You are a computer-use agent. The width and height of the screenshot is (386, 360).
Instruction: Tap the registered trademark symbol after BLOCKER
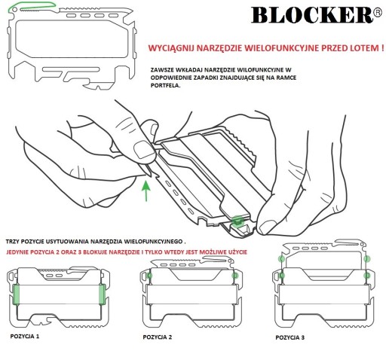378,12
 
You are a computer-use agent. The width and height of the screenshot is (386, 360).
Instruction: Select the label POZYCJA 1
25,336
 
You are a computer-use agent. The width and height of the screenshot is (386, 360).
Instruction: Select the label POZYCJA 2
158,337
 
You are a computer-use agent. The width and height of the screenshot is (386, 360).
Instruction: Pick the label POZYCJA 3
289,337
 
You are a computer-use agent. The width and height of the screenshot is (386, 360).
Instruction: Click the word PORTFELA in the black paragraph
165,85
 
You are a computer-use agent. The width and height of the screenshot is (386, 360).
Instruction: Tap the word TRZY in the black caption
12,242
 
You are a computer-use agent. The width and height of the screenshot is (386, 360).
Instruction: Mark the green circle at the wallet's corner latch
237,221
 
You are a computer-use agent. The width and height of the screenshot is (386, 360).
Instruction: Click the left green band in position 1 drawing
16,294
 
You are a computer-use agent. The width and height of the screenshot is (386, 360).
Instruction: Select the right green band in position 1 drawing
102,294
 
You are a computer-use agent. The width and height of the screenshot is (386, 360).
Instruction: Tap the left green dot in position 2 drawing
150,276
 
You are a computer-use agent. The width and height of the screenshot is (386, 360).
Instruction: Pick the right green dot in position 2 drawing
235,276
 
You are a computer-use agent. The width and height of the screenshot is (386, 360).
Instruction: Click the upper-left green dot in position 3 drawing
281,258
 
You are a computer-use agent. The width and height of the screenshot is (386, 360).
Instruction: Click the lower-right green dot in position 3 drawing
367,276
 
